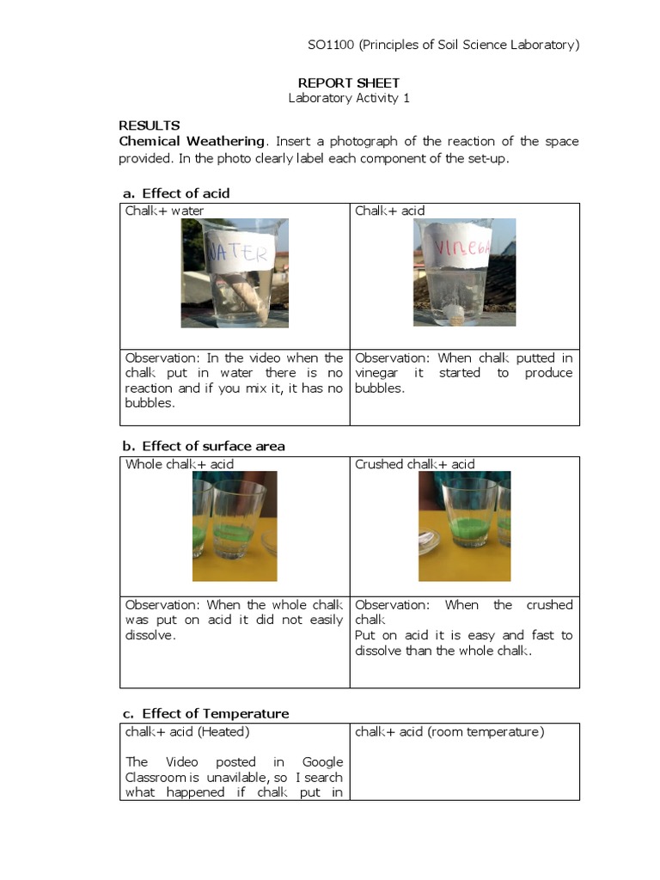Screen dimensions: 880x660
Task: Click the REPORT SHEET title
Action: pos(348,82)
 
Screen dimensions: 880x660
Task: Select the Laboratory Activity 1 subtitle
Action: pos(348,98)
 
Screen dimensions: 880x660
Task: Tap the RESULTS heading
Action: pos(150,125)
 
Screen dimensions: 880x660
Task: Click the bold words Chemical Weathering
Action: pos(192,141)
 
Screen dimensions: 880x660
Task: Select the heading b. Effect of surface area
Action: pos(204,445)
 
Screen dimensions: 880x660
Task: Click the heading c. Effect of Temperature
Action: pos(205,713)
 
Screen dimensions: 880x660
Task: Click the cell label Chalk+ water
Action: pos(165,211)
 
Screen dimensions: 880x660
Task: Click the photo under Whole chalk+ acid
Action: pos(235,526)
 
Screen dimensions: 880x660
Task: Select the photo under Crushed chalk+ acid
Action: pos(464,526)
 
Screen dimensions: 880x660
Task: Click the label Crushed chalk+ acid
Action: pos(414,464)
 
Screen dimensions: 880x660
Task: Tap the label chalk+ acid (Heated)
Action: pos(187,731)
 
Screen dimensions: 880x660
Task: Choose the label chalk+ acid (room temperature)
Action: pos(449,731)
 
